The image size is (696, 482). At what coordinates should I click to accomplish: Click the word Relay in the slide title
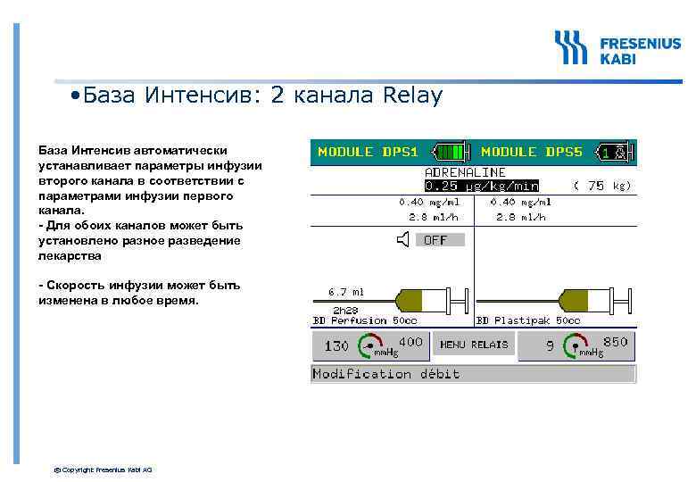coord(411,96)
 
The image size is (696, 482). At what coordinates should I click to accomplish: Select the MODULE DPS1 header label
coord(368,152)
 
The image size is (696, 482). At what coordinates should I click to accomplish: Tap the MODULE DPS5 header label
coord(532,152)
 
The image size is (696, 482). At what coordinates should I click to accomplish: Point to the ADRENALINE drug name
coord(465,171)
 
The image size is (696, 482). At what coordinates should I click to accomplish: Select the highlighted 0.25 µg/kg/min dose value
coord(481,186)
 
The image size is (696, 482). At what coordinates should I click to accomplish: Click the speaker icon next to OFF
coord(405,239)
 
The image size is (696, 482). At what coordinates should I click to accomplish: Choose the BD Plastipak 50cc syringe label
coord(528,320)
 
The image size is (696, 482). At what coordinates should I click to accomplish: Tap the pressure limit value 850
coord(616,342)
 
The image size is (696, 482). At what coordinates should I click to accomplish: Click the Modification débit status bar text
coord(386,374)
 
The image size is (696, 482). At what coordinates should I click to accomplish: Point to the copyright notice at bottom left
coord(104,470)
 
